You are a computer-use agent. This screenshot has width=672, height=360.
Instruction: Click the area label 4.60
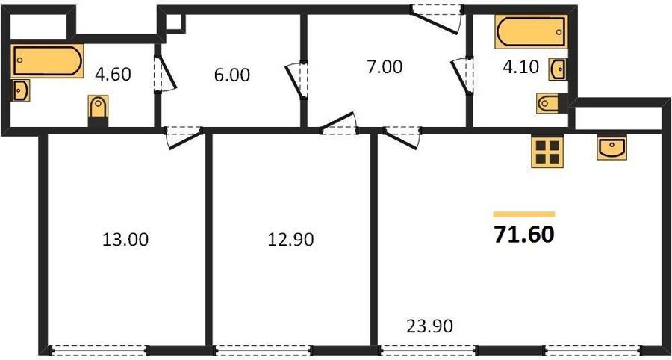(113, 75)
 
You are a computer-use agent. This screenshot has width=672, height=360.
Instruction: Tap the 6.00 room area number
(232, 75)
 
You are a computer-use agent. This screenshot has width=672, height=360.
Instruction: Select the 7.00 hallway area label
(385, 67)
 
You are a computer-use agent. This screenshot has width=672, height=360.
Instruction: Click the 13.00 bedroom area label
(125, 240)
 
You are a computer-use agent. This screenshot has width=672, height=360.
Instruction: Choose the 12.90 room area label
(290, 240)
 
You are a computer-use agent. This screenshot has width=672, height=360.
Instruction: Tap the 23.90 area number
(429, 327)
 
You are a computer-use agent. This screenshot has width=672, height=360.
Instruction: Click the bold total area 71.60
(524, 235)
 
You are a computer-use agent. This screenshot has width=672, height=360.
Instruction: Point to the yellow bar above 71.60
(524, 214)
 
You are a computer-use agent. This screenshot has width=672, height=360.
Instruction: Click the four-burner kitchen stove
(547, 152)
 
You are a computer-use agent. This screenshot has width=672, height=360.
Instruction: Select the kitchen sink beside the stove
(612, 147)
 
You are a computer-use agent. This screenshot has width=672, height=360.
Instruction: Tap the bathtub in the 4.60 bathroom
(47, 60)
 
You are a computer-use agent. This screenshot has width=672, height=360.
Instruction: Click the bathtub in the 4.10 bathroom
(532, 31)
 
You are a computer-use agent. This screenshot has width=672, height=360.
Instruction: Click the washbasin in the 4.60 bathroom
(21, 90)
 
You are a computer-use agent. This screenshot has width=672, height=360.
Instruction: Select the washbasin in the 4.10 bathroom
(558, 70)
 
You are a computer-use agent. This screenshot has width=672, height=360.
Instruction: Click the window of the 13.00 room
(99, 350)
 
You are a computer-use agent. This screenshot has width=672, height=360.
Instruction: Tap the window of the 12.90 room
(262, 350)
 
